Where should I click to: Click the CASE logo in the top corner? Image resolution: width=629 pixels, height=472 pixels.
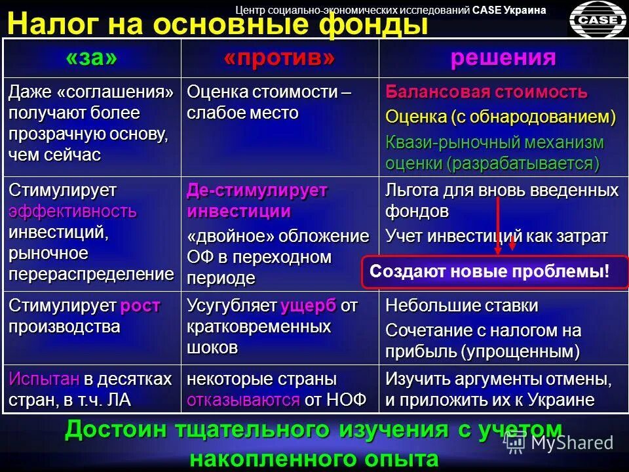point(597,20)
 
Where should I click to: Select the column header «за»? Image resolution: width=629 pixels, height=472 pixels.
point(92,58)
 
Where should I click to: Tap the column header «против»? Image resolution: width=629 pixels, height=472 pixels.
point(279,58)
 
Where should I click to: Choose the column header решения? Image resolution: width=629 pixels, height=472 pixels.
point(503,58)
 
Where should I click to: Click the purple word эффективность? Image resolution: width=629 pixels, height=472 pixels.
point(73,211)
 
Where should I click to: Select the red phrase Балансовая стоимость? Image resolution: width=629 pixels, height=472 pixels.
point(486,92)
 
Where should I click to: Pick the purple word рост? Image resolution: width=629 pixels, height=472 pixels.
point(140,305)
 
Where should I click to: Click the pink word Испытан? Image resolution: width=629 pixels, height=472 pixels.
point(44,379)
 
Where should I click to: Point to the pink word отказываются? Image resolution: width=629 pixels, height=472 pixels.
point(244,400)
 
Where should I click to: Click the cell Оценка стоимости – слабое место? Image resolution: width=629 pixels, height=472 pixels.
point(269,102)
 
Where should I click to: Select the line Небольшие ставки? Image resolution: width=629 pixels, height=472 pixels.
point(462,305)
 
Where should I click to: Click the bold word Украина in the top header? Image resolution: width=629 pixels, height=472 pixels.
point(525,10)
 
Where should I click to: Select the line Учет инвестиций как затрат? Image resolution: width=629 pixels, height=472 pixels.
point(497,236)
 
